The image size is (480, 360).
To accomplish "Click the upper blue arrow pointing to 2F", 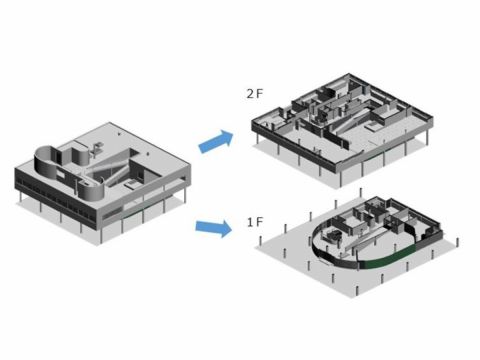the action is coord(216,141).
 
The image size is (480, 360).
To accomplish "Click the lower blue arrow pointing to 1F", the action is coord(214,228).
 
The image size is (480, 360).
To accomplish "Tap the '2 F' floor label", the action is coord(255,94).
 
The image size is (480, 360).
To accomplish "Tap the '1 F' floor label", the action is coord(255,222).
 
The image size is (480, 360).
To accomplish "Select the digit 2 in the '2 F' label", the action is coord(250,94).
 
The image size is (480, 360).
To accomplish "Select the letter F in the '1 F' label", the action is coord(260,222).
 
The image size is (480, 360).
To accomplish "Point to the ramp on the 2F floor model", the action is coord(353,121).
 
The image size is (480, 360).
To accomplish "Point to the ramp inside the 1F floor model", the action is coord(363,241).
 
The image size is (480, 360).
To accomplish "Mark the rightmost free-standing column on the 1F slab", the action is coord(458,242).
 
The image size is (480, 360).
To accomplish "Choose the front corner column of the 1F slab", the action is coord(357,291).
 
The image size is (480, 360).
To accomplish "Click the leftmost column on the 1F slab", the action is coord(260,240).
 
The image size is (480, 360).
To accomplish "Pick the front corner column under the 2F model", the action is coord(340,179).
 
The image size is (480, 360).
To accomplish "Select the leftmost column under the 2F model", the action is coord(257,139).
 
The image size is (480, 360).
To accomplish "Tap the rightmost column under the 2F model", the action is coord(427,138).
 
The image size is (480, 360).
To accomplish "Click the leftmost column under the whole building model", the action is coord(21,197).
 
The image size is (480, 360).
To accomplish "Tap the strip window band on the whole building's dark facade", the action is coord(56,200).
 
